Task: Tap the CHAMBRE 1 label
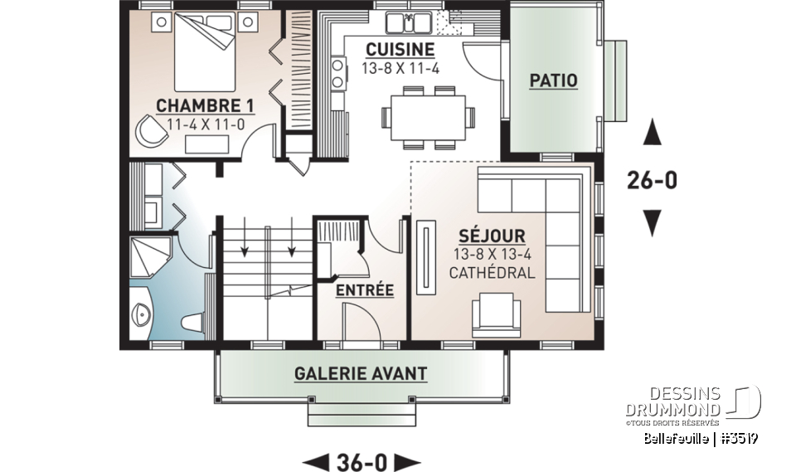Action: coord(205,105)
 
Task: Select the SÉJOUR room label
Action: coord(493,236)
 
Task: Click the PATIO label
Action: coord(553,80)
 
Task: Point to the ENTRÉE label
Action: coord(364,290)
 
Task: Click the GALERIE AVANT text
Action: coord(361,374)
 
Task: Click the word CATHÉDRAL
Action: coord(493,272)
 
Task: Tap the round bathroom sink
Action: coord(142,314)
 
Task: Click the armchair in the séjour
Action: coord(495,317)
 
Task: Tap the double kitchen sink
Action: coord(408,21)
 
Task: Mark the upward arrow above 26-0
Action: coord(653,132)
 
